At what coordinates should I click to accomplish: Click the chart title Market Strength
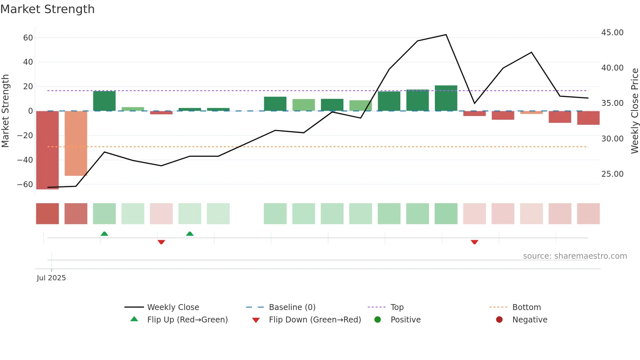[x=47, y=9]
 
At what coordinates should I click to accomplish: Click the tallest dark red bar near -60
[x=47, y=150]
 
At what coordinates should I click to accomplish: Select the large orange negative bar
[x=76, y=144]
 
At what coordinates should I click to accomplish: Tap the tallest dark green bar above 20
[x=446, y=98]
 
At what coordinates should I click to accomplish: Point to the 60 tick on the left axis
[x=28, y=38]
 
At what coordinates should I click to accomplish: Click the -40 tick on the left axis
[x=25, y=160]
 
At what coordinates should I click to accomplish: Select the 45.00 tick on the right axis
[x=612, y=33]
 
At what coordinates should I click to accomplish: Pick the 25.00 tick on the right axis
[x=612, y=174]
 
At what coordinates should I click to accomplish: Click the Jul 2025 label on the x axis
[x=51, y=278]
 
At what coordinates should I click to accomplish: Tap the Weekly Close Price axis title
[x=634, y=111]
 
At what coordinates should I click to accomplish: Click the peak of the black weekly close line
[x=446, y=35]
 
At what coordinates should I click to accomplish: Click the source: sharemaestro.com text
[x=575, y=256]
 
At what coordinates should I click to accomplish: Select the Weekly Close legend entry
[x=173, y=307]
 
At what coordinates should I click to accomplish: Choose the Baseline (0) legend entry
[x=292, y=307]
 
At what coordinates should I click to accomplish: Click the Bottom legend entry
[x=526, y=307]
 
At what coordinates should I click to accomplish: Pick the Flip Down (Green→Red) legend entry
[x=315, y=320]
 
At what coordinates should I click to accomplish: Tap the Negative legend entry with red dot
[x=530, y=320]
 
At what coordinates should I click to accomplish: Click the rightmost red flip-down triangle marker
[x=474, y=242]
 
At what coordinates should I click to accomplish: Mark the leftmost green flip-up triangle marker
[x=104, y=234]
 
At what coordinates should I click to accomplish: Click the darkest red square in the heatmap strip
[x=47, y=214]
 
